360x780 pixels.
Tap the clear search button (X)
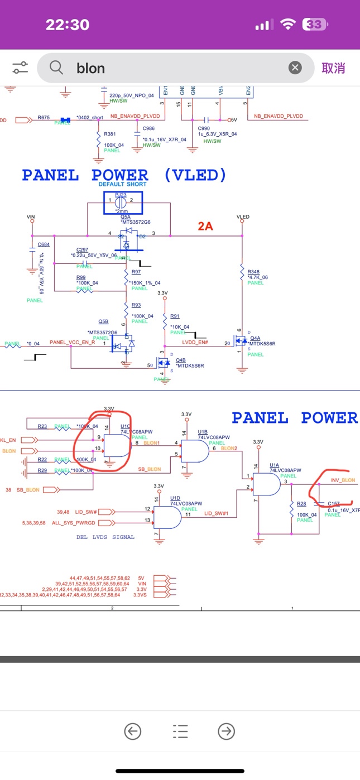pyautogui.click(x=295, y=68)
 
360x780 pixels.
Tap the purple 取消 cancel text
pyautogui.click(x=333, y=68)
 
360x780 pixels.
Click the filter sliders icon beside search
pyautogui.click(x=20, y=68)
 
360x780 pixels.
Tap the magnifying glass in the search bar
pyautogui.click(x=56, y=68)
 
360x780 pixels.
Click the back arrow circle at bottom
pyautogui.click(x=132, y=731)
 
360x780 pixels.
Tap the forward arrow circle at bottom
pyautogui.click(x=226, y=731)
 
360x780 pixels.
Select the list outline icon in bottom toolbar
pyautogui.click(x=180, y=731)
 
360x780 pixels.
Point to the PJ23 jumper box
pyautogui.click(x=123, y=203)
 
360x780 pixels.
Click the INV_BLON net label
pyautogui.click(x=343, y=480)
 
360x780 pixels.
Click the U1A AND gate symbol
pyautogui.click(x=267, y=485)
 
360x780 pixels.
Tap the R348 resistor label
pyautogui.click(x=253, y=272)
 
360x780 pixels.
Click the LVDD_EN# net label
pyautogui.click(x=195, y=341)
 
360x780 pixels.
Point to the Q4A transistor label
pyautogui.click(x=255, y=338)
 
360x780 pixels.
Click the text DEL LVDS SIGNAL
pyautogui.click(x=105, y=537)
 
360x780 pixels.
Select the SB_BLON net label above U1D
pyautogui.click(x=150, y=469)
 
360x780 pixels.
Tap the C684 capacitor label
pyautogui.click(x=43, y=244)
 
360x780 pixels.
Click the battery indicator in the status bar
pyautogui.click(x=315, y=25)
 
